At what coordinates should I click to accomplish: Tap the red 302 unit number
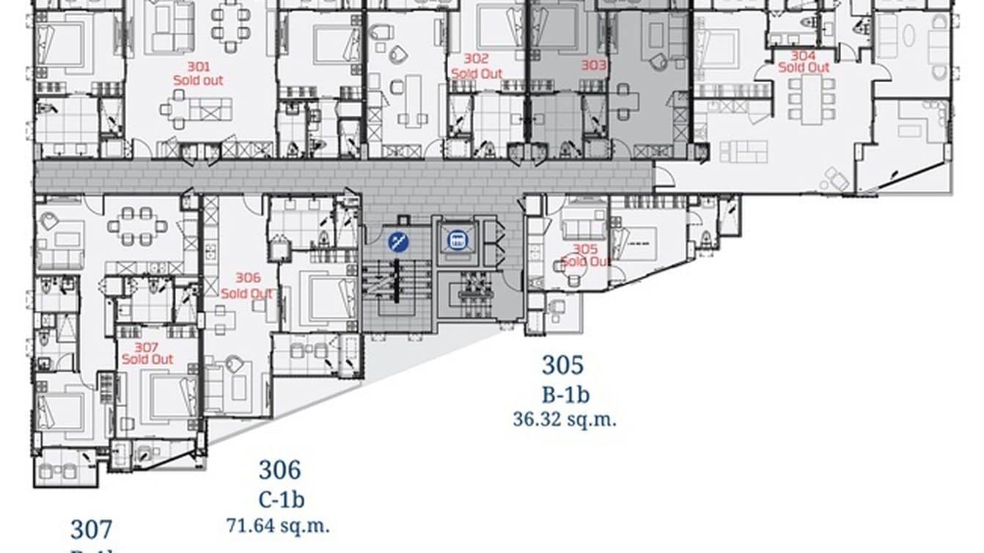(x=477, y=58)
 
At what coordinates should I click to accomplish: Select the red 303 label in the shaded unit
(x=594, y=65)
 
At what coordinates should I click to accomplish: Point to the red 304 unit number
(x=803, y=56)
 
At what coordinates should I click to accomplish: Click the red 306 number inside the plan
(x=248, y=278)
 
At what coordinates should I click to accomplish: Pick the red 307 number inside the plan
(x=147, y=347)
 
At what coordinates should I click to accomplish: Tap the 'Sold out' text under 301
(x=198, y=80)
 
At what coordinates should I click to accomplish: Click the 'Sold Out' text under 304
(x=804, y=67)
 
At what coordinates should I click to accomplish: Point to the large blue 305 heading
(x=563, y=365)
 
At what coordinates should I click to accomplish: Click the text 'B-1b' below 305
(x=565, y=395)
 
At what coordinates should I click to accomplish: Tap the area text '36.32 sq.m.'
(x=565, y=420)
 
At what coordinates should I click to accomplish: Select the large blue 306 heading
(x=279, y=469)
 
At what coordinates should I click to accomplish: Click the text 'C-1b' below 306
(x=281, y=500)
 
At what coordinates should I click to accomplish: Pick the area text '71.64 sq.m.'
(x=277, y=525)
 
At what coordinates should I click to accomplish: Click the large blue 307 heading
(x=92, y=529)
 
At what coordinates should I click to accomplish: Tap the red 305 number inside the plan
(x=585, y=249)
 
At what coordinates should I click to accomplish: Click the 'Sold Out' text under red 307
(x=147, y=359)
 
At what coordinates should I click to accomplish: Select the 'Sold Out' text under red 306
(x=247, y=293)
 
